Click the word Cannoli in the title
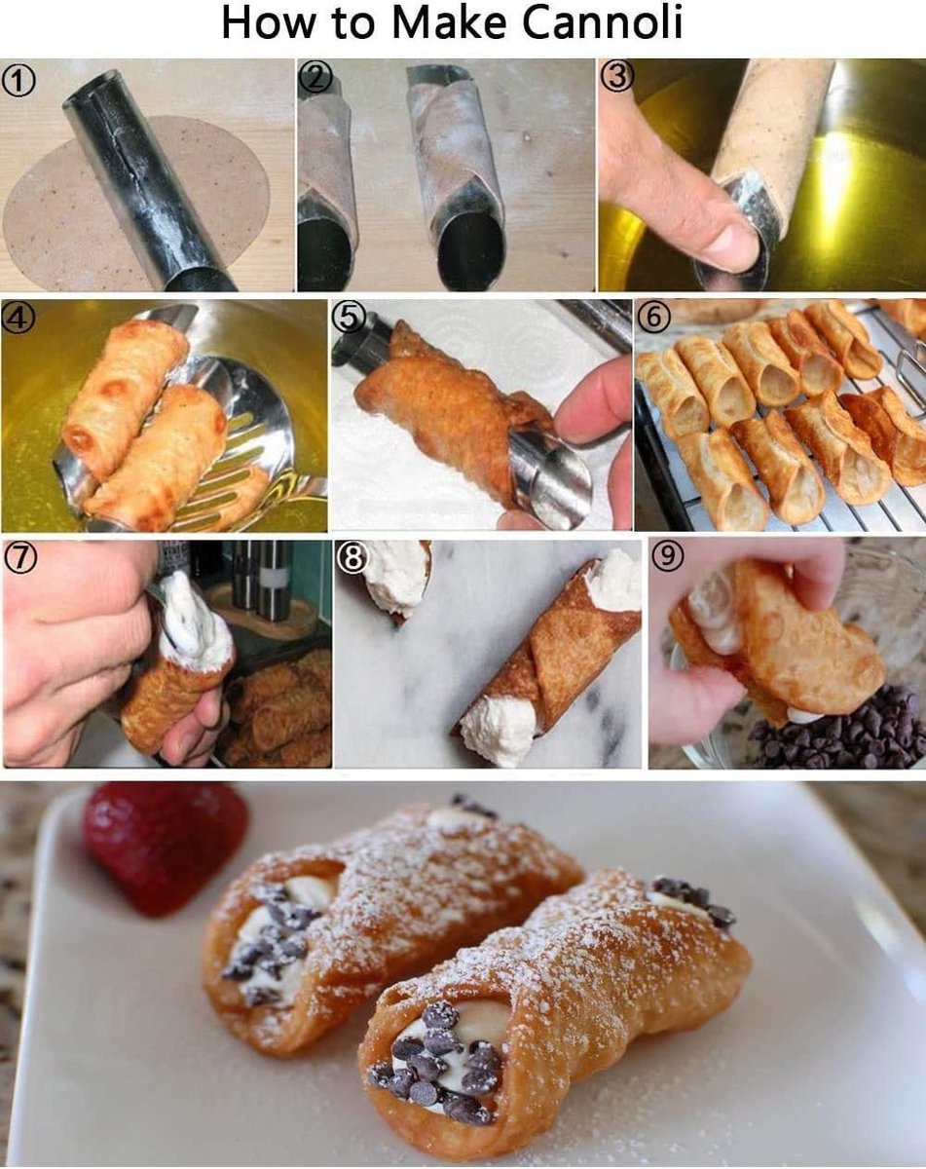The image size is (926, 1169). point(602,23)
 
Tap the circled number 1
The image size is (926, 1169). point(19,81)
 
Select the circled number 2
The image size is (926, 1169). point(316,77)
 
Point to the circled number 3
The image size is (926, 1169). point(617,77)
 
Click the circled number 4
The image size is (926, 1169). point(18,319)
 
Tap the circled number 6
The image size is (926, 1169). point(654,318)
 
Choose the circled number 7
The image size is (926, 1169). point(20,559)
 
